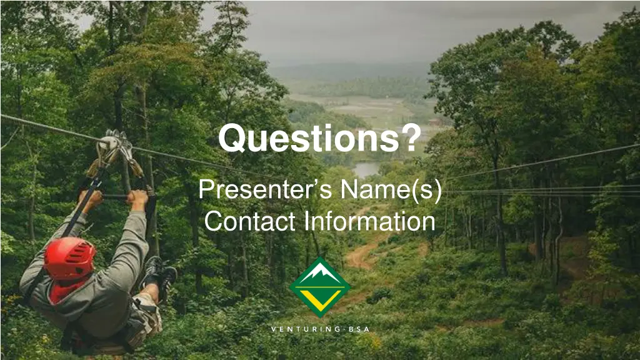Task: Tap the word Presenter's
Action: click(x=266, y=189)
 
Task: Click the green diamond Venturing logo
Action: click(x=320, y=287)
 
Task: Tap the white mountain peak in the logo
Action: click(x=320, y=272)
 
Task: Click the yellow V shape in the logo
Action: click(x=320, y=296)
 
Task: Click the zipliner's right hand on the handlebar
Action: click(x=139, y=199)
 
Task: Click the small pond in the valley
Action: click(x=366, y=169)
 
